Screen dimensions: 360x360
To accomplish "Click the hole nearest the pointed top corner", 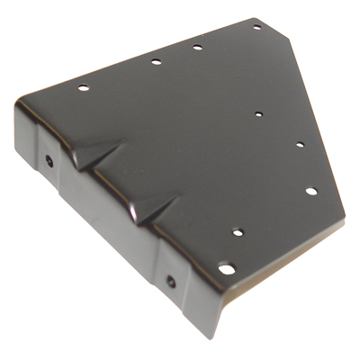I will tap(256, 28).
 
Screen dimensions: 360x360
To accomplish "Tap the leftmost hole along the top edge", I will tap(82, 88).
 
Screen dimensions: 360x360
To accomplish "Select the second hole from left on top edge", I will tap(156, 62).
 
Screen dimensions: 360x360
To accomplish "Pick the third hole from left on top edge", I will tap(197, 47).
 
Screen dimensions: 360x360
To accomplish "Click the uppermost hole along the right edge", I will tap(258, 114).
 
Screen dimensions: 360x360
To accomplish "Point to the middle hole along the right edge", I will tap(301, 144).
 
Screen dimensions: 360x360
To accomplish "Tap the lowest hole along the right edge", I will tap(310, 191).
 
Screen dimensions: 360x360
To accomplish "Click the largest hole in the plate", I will tap(228, 268).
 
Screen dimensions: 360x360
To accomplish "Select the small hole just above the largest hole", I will tap(238, 232).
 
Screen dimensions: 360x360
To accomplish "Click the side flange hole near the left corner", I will tap(49, 163).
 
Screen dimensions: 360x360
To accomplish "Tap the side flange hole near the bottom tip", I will tap(170, 282).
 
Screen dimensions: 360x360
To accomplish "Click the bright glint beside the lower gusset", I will tap(135, 215).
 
